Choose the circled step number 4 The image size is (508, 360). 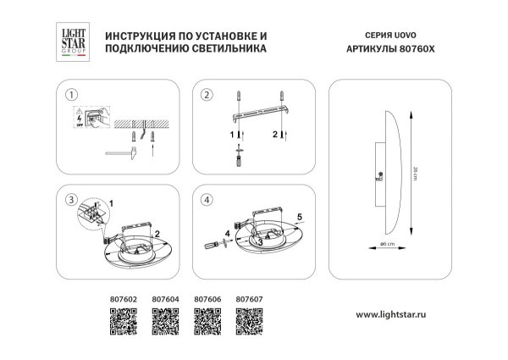[x=206, y=200]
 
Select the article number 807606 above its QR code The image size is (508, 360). [x=207, y=299]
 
